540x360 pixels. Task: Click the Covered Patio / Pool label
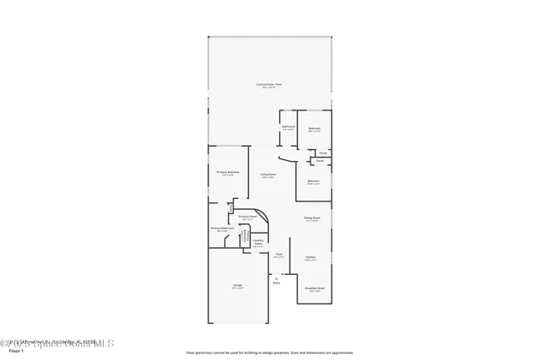coord(271,85)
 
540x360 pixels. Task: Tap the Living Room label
coord(268,175)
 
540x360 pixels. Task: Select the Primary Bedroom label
coord(228,173)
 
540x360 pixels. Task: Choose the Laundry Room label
coord(259,242)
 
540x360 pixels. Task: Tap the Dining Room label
coord(311,219)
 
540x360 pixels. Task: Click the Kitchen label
coord(310,258)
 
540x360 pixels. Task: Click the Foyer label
coord(278,255)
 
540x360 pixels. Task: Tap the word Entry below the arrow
coord(276,282)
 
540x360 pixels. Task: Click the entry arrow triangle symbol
coord(276,277)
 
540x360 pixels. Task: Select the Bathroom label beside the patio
coord(288,127)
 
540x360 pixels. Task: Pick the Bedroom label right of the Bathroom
coord(314,130)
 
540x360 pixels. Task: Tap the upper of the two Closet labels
coord(322,153)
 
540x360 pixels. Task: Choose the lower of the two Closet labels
coord(319,160)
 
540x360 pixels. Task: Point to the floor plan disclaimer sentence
coord(271,352)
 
